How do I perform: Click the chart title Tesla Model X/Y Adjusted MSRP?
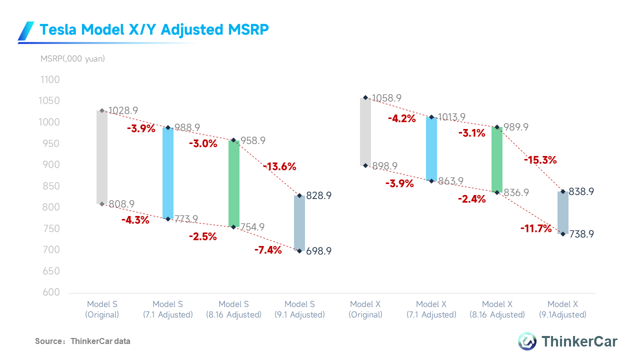[x=154, y=30]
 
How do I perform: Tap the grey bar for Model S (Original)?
[x=102, y=157]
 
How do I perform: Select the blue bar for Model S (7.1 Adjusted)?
[x=168, y=173]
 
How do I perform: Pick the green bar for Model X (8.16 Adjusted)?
[x=496, y=159]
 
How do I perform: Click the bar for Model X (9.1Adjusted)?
[x=563, y=212]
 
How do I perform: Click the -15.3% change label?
[x=540, y=160]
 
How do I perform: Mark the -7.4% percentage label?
[x=268, y=250]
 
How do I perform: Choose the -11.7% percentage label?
[x=535, y=229]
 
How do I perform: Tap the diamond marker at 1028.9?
[x=102, y=110]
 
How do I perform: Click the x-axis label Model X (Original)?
[x=366, y=309]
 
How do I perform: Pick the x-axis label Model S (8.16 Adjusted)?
[x=234, y=309]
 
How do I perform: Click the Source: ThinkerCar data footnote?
[x=82, y=341]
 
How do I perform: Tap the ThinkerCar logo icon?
[x=526, y=341]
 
